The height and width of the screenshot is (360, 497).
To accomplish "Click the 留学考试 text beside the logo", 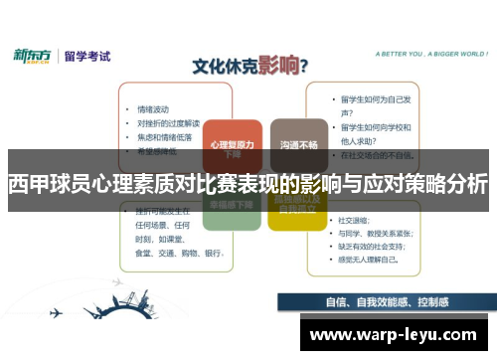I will [86, 55].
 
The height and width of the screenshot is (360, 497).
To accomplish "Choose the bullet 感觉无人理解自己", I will [369, 258].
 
